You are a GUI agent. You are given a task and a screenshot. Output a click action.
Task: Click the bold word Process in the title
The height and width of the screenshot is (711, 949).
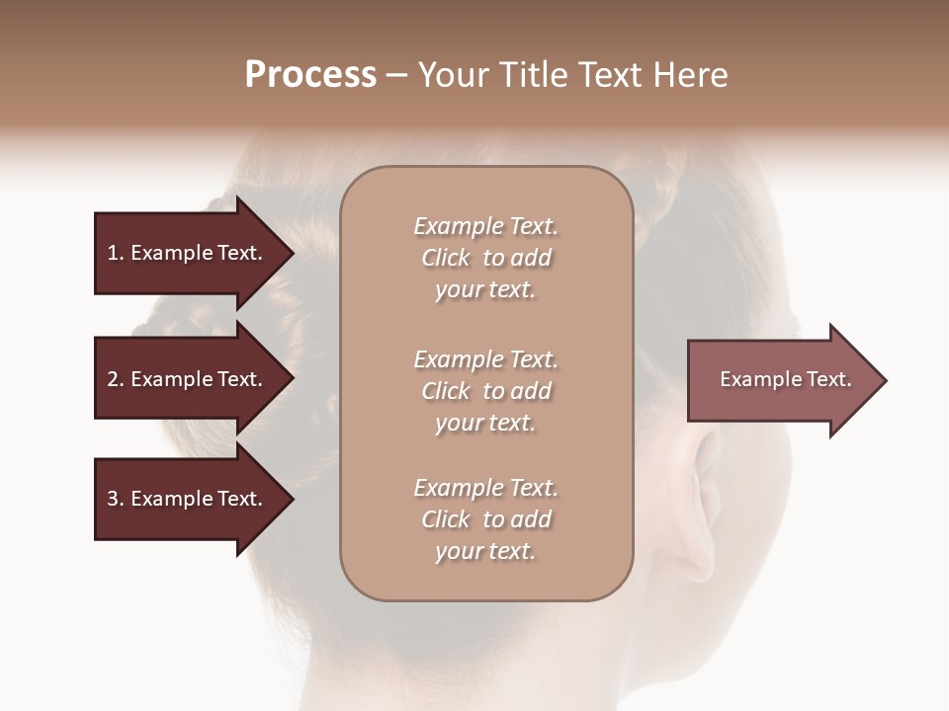click(x=310, y=75)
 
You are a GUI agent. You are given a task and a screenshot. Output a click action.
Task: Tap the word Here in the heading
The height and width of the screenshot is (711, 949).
click(x=691, y=75)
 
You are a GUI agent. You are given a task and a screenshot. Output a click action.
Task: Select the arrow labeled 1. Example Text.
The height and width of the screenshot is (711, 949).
click(x=188, y=254)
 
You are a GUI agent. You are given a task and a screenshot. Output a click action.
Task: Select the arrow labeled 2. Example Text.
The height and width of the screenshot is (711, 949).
click(x=188, y=379)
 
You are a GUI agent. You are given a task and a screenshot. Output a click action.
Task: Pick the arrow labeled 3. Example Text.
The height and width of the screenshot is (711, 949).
click(x=188, y=499)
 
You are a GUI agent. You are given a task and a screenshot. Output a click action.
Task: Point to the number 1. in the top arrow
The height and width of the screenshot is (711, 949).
click(x=116, y=254)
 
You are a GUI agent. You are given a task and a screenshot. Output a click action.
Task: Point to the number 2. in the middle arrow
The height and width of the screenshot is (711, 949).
click(x=116, y=379)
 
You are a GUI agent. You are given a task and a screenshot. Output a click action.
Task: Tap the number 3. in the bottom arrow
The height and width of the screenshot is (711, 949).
click(x=116, y=499)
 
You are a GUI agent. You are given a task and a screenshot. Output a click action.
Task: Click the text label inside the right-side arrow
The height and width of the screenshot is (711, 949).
click(x=785, y=379)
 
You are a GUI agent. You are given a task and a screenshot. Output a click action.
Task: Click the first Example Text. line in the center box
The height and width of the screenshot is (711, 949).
click(x=485, y=226)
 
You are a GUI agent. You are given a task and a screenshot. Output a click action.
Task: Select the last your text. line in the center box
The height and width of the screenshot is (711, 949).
click(x=485, y=551)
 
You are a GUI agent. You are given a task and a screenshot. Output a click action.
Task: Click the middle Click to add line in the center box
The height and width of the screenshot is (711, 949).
click(x=485, y=391)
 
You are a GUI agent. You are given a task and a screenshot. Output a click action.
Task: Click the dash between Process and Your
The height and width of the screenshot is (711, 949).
click(x=397, y=75)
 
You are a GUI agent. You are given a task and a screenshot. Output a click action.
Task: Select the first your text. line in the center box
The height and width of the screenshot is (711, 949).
click(x=485, y=289)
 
